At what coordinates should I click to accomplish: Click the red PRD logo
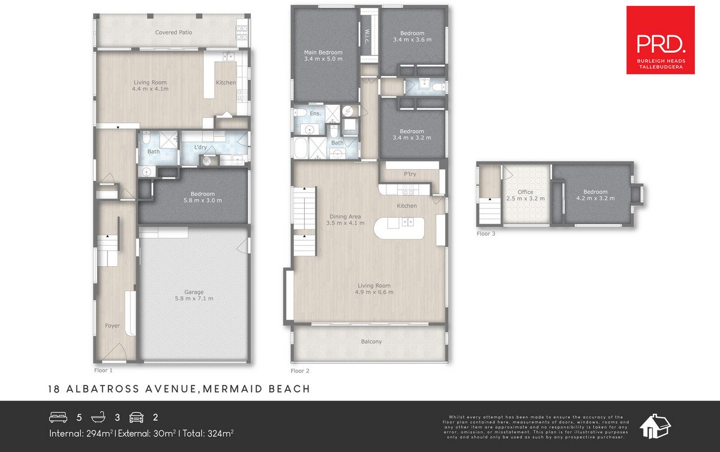(x=661, y=40)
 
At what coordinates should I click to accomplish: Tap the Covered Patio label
(x=173, y=32)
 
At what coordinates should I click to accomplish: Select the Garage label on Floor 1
(x=194, y=292)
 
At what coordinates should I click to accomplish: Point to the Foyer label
(x=112, y=326)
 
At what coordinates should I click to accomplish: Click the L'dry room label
(x=200, y=147)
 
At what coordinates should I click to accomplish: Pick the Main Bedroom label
(x=323, y=52)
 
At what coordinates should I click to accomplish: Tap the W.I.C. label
(x=367, y=37)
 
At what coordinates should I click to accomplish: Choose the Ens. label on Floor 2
(x=316, y=113)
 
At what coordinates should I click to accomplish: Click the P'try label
(x=410, y=174)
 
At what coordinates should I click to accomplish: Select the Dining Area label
(x=345, y=216)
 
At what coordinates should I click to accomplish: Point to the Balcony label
(x=371, y=342)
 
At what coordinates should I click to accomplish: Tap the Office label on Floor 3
(x=526, y=192)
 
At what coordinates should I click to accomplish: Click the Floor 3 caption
(x=485, y=234)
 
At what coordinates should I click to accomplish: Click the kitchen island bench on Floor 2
(x=399, y=228)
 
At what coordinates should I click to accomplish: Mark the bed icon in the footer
(x=58, y=417)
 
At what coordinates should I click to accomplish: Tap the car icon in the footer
(x=136, y=417)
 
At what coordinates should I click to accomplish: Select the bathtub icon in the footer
(x=98, y=417)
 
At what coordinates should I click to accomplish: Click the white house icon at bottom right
(x=655, y=426)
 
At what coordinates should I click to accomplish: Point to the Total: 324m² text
(x=208, y=433)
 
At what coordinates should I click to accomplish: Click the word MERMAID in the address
(x=233, y=389)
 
